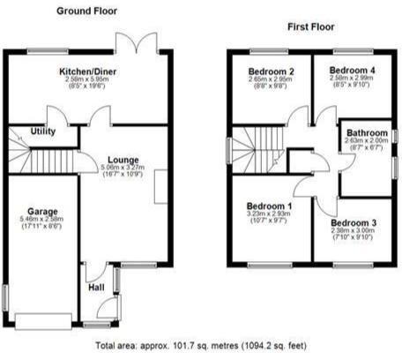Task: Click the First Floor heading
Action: coord(309,27)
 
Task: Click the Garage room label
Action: coord(41,213)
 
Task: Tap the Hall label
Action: coord(94,287)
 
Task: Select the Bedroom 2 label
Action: coord(270,71)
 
